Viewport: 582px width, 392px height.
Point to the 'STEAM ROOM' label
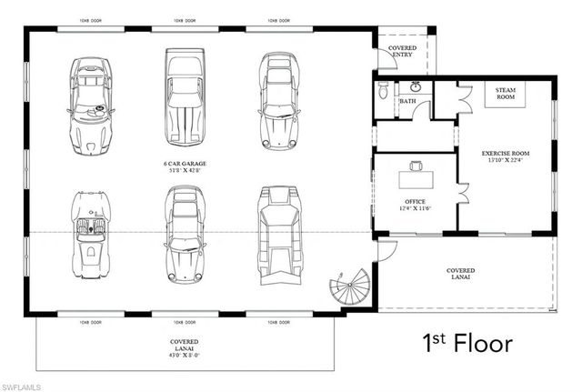click(506, 95)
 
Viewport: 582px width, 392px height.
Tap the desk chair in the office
click(416, 166)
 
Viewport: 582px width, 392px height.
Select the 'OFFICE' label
click(415, 202)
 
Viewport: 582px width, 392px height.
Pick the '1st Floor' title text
click(467, 344)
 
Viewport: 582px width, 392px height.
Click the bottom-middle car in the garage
click(185, 235)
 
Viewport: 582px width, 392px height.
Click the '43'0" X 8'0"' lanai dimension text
click(186, 355)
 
